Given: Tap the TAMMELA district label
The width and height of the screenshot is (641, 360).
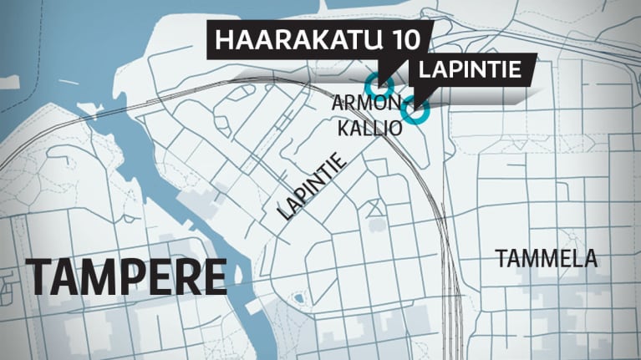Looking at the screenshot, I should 547,258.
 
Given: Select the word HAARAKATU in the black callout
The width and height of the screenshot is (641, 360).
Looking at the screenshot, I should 299,41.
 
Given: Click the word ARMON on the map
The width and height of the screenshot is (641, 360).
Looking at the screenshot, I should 359,103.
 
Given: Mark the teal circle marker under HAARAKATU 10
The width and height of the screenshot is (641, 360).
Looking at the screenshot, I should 379,84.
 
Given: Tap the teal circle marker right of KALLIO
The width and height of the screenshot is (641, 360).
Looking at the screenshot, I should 415,109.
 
